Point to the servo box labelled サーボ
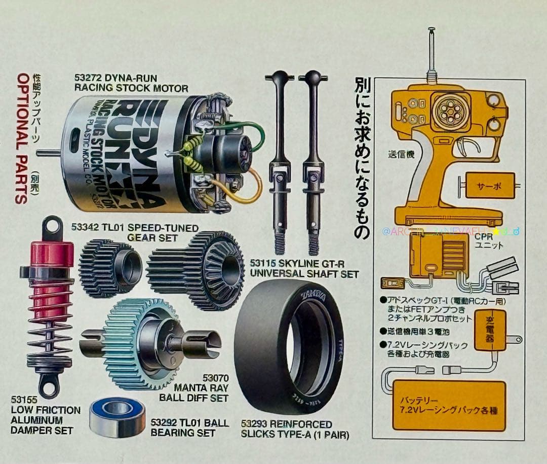click(489, 186)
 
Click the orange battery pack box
click(449, 405)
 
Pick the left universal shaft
click(280, 162)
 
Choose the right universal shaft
click(314, 162)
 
